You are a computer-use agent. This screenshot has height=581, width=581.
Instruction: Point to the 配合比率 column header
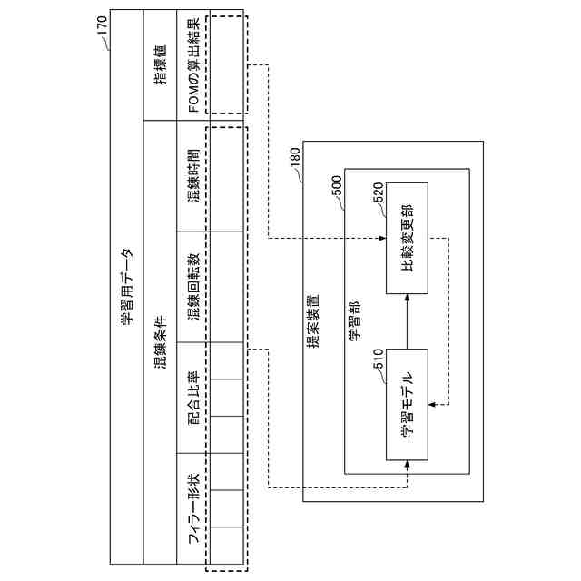click(193, 397)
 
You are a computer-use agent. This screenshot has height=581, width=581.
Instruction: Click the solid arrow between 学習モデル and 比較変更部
click(406, 321)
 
